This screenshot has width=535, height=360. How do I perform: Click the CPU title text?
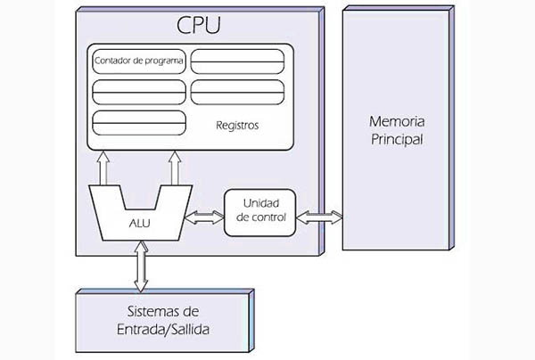point(199,24)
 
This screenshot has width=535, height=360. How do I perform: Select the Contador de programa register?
point(138,62)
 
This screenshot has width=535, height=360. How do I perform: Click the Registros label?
point(237,126)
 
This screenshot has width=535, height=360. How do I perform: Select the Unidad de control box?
point(259,212)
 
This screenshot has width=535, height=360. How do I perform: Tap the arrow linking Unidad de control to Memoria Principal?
point(318,216)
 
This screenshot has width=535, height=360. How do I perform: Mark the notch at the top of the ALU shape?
point(139,196)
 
